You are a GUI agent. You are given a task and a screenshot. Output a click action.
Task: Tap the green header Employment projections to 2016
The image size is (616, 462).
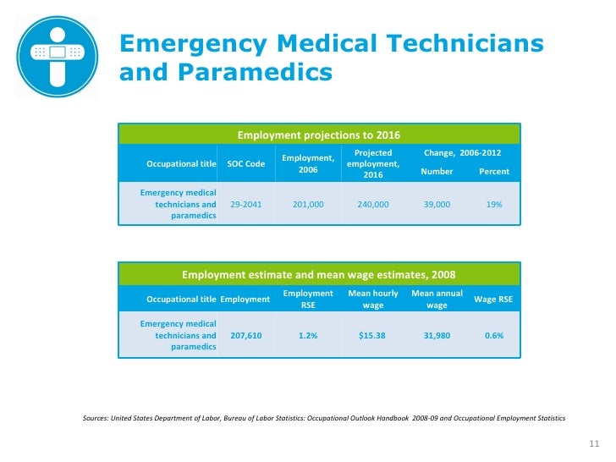click(318, 135)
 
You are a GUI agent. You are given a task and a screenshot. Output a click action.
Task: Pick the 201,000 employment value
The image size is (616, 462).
click(308, 205)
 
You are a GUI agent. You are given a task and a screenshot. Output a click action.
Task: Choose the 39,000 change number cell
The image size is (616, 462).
click(437, 205)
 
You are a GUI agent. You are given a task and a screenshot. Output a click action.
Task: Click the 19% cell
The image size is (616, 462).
click(494, 205)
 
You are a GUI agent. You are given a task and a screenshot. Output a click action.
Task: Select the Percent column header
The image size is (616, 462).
click(494, 172)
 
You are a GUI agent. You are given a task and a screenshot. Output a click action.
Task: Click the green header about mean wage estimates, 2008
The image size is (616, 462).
click(318, 274)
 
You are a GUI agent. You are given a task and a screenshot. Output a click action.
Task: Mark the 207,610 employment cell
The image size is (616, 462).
click(246, 336)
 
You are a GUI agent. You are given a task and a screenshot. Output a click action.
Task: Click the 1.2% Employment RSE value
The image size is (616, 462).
click(308, 336)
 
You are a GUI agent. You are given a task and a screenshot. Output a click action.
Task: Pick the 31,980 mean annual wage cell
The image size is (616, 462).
click(437, 336)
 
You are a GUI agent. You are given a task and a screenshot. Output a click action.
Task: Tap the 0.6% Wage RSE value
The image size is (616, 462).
click(494, 336)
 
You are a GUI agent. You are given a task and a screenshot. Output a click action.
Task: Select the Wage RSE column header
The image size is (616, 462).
click(493, 300)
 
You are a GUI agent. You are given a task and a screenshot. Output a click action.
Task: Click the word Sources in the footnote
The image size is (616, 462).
click(95, 419)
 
